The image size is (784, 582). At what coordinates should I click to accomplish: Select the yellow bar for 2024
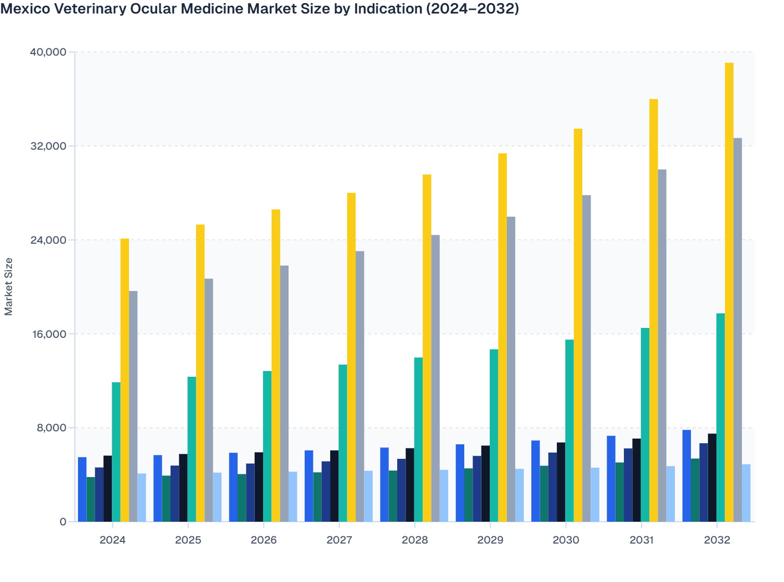click(125, 380)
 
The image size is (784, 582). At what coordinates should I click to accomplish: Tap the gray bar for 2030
click(586, 359)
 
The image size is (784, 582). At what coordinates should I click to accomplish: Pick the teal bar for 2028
click(419, 440)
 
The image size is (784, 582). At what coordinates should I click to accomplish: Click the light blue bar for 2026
click(293, 497)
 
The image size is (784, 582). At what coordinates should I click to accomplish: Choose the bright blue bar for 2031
click(611, 479)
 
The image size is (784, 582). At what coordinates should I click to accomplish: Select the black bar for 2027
click(334, 486)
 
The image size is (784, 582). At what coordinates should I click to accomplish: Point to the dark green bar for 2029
click(468, 495)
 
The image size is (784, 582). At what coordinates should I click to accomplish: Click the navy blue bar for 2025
click(175, 494)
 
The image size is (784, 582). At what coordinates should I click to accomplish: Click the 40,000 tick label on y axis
click(48, 52)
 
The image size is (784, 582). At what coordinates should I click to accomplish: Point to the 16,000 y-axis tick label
click(48, 334)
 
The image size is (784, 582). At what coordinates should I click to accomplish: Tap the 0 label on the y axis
click(63, 522)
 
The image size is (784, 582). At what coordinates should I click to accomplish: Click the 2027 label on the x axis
click(339, 540)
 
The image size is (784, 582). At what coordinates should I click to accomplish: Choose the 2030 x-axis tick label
click(566, 540)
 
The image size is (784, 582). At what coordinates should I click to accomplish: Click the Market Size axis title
click(8, 287)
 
